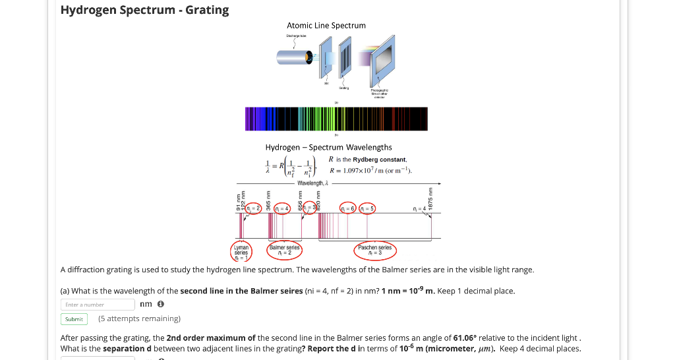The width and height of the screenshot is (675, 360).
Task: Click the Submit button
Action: tap(74, 319)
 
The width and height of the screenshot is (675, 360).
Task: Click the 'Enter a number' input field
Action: tap(98, 305)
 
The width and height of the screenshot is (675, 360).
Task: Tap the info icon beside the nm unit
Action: tap(161, 305)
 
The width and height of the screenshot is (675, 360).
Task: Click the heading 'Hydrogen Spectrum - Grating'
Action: tap(144, 10)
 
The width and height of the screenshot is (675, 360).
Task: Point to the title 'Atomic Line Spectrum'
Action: tap(326, 26)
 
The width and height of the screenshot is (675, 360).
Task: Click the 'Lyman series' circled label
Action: tap(241, 251)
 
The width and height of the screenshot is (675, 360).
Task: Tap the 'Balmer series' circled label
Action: tap(284, 250)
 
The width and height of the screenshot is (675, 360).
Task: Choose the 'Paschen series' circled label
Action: tap(374, 250)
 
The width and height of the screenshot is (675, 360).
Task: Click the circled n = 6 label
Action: tap(348, 208)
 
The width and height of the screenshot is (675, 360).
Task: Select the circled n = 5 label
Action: tap(367, 208)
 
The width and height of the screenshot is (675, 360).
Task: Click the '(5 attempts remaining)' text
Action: tap(139, 319)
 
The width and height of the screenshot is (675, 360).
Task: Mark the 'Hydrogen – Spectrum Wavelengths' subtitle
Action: tap(328, 148)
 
